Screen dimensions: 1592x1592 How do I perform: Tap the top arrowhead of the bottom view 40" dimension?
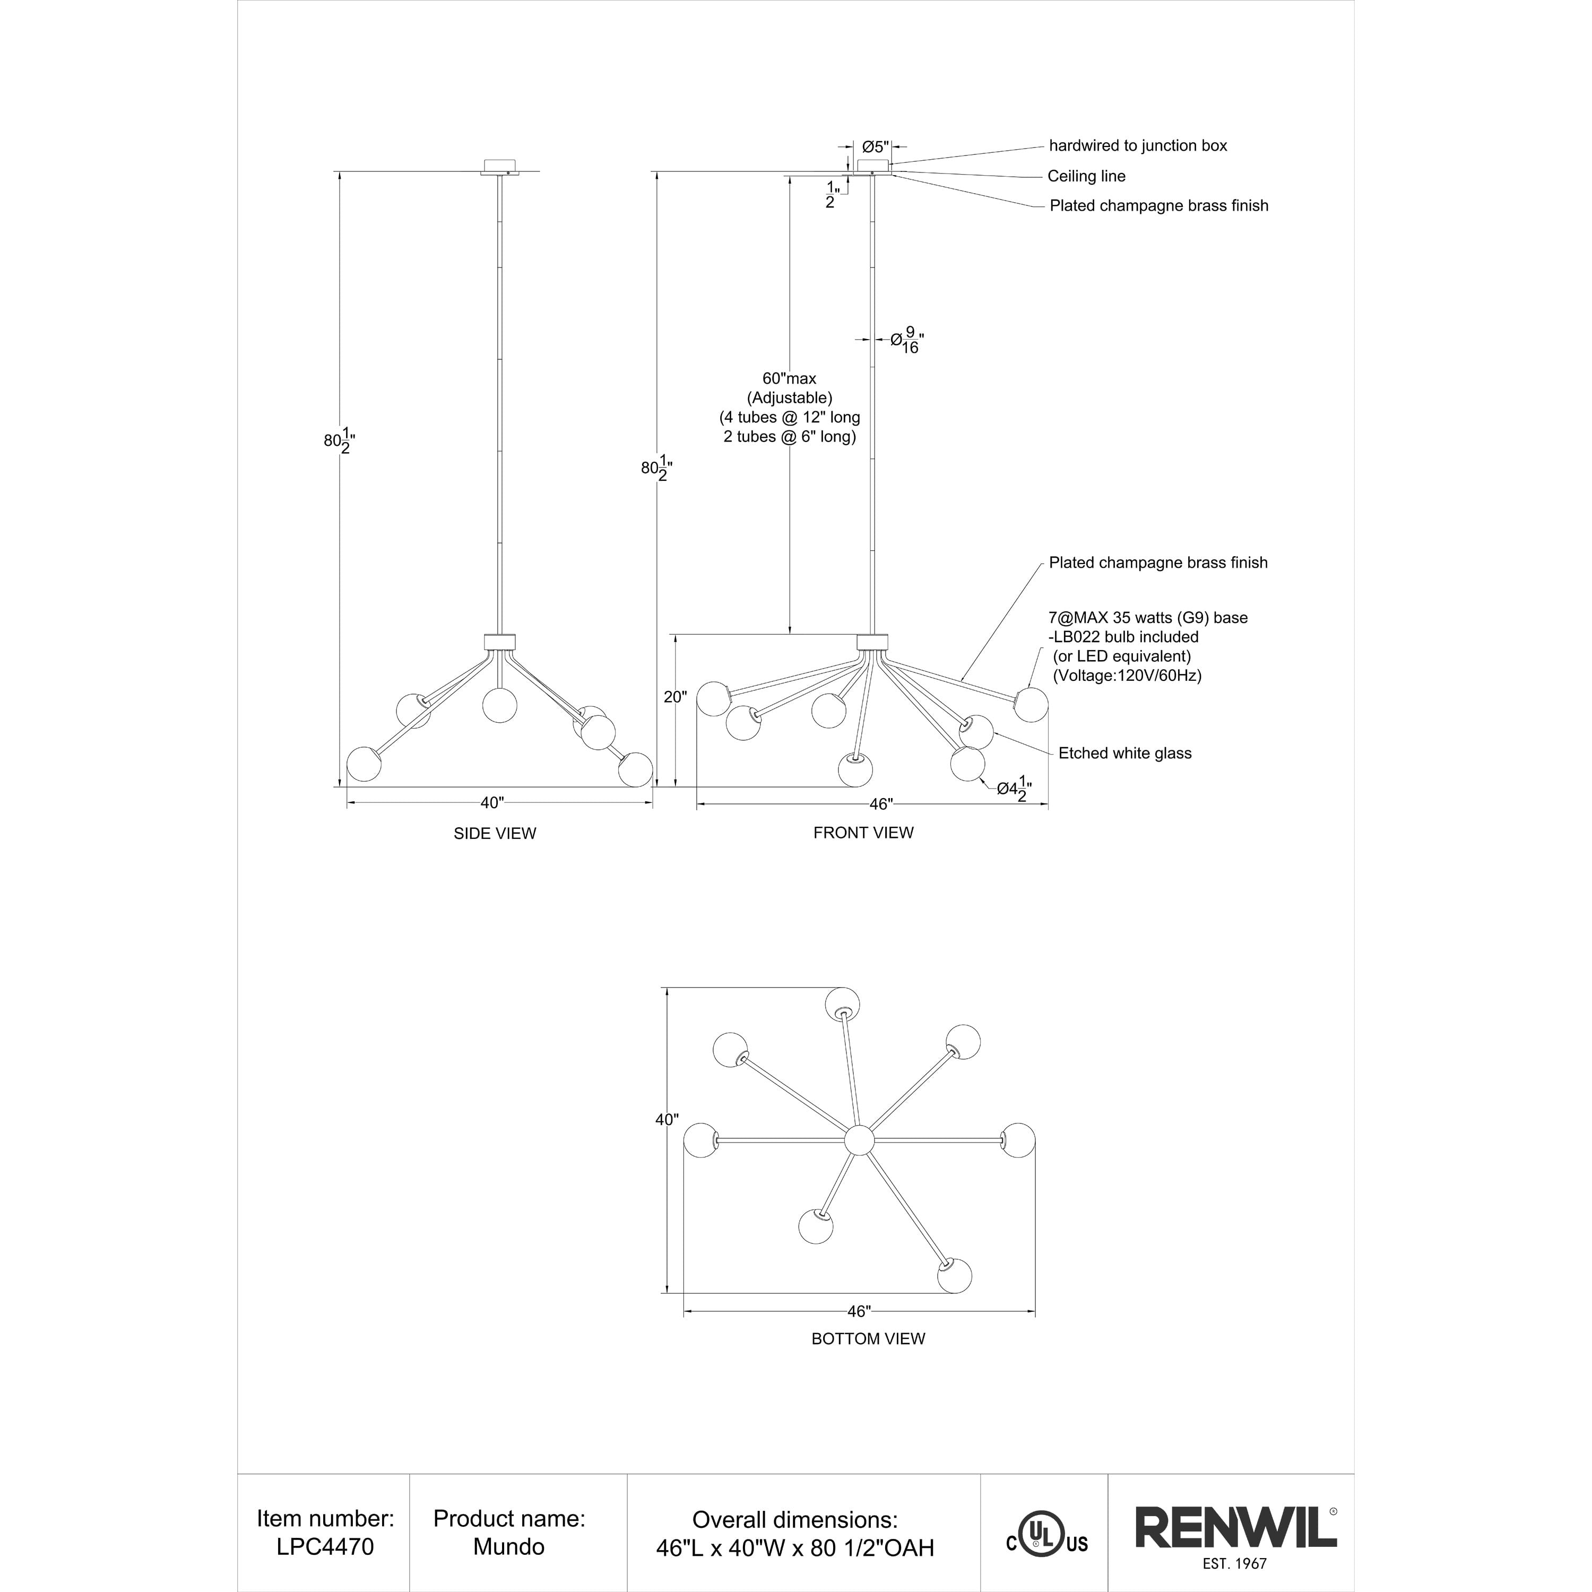click(x=666, y=987)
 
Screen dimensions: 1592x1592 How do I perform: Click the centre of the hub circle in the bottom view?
click(x=859, y=1140)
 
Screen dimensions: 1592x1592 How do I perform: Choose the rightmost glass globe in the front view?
click(x=1031, y=705)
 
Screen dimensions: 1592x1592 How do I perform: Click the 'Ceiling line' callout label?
click(x=1086, y=176)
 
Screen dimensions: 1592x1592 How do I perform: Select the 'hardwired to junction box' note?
click(x=1138, y=146)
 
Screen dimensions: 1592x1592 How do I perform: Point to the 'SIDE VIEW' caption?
click(x=495, y=833)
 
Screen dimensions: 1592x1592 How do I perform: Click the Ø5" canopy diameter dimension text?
click(x=875, y=146)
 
